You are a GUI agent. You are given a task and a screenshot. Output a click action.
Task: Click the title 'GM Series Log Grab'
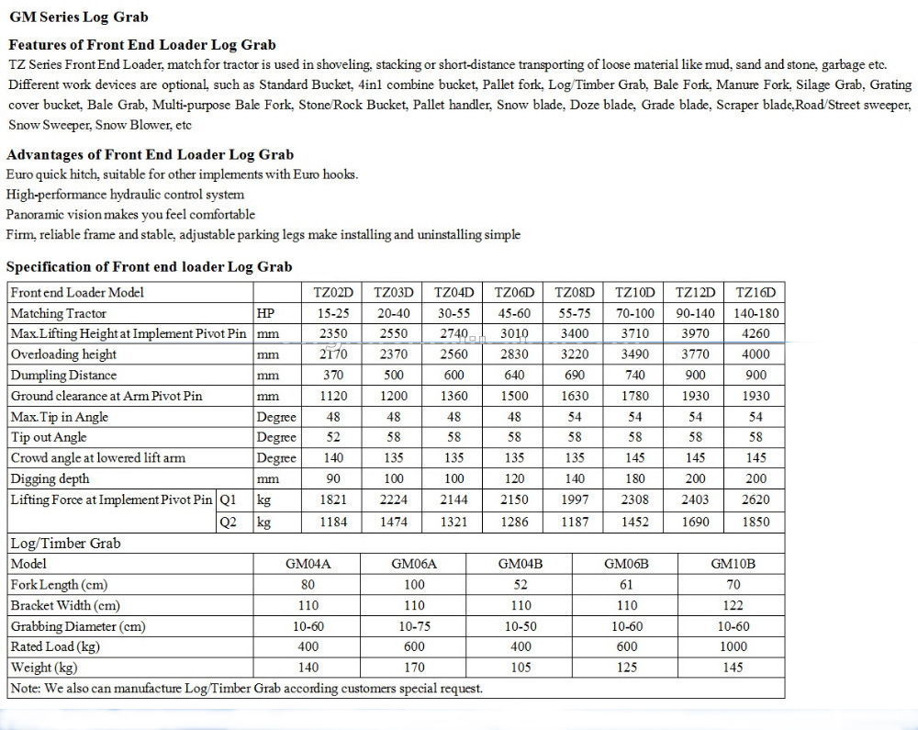(78, 17)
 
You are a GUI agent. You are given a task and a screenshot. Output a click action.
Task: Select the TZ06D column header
(514, 292)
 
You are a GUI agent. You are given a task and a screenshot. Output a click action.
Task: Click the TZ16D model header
(756, 292)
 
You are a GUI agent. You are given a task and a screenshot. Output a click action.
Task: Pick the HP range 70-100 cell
(635, 313)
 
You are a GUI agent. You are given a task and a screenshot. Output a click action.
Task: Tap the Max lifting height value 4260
(756, 333)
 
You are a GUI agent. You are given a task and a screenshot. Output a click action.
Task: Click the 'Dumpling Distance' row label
(64, 375)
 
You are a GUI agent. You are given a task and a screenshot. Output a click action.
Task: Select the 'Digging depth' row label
(50, 478)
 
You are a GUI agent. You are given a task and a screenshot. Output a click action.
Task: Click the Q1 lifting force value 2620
(756, 500)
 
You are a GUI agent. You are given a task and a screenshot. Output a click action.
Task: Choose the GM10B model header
(733, 564)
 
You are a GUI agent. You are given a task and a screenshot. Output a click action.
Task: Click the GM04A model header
(308, 564)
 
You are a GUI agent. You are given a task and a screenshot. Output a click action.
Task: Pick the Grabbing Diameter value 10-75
(414, 626)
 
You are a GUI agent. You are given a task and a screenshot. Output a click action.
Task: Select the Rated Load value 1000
(733, 647)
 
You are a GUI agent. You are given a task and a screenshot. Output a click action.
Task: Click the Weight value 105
(521, 668)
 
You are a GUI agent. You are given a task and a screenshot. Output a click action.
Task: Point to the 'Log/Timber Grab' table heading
(65, 543)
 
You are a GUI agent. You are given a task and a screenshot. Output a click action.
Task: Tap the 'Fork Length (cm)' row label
(60, 585)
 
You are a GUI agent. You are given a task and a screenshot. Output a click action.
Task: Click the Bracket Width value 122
(733, 605)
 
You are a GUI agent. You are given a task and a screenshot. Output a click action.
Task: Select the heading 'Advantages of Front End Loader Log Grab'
(150, 154)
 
